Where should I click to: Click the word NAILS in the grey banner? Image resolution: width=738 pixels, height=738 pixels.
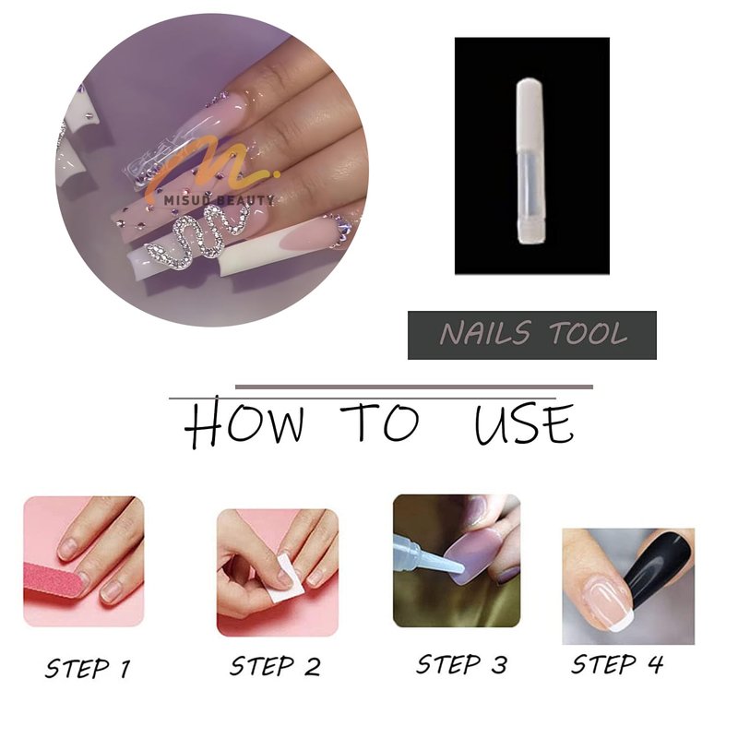tap(485, 333)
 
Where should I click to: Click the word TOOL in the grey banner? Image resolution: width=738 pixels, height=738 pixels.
tap(588, 333)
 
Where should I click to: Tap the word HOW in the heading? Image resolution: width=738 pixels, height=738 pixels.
tap(244, 423)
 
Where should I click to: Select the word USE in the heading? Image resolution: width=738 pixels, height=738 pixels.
tap(524, 423)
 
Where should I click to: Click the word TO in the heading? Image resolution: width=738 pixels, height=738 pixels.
tap(379, 422)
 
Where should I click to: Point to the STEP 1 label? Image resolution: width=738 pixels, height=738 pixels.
tap(88, 668)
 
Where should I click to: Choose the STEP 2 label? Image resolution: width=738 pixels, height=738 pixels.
tap(275, 666)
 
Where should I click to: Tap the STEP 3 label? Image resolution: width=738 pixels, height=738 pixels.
tap(462, 664)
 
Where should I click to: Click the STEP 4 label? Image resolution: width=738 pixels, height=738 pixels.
tap(617, 664)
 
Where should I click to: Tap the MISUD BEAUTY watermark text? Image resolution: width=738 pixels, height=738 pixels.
tap(219, 200)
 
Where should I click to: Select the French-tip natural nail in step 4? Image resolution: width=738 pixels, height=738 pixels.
tap(605, 605)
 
